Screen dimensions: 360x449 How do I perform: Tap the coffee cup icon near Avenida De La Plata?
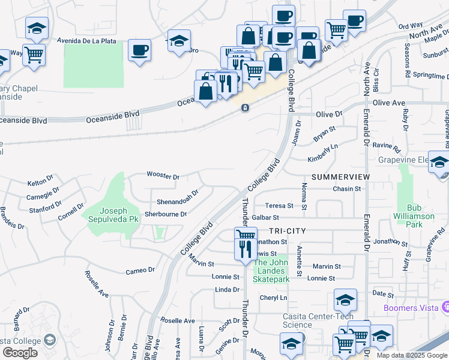139,50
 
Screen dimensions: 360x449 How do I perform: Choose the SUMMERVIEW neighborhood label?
340,177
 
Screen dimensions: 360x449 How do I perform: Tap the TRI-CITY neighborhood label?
288,231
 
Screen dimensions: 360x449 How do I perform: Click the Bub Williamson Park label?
414,220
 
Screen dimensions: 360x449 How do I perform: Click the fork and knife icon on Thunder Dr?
245,248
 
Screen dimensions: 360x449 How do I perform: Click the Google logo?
20,353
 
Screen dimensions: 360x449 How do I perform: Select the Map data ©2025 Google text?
412,355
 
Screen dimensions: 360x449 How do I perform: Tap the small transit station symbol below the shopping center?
245,108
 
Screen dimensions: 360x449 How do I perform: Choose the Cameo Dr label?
140,271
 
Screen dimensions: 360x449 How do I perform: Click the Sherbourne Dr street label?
166,214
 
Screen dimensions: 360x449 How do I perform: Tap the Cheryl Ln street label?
273,298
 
